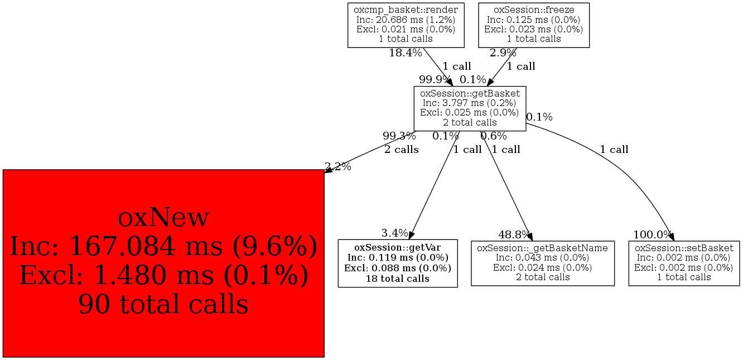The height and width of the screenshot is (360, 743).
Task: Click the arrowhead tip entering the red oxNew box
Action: [325, 172]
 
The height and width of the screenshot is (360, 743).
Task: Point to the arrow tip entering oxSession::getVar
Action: [409, 239]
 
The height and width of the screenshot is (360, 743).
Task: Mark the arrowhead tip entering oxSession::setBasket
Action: [674, 241]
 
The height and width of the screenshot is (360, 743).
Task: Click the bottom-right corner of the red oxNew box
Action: [324, 357]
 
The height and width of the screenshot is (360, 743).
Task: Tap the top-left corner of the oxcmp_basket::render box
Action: [348, 3]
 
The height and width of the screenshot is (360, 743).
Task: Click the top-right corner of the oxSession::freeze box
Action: [589, 3]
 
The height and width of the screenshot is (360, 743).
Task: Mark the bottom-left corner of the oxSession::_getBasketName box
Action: [471, 285]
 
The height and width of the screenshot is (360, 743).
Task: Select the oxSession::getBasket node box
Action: [470, 108]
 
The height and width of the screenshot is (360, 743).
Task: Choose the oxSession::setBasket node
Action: [684, 263]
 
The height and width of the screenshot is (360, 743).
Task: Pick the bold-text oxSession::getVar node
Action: [398, 263]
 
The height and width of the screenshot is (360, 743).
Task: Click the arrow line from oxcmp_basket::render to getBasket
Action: [438, 66]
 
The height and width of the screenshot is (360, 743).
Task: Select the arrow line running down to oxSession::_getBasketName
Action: [506, 186]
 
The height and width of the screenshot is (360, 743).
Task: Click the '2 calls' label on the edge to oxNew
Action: [402, 150]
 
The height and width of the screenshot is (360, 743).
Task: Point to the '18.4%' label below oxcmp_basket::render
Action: [406, 53]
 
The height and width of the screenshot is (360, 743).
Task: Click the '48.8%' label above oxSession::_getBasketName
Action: [514, 235]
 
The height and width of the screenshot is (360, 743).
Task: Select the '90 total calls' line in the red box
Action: [163, 304]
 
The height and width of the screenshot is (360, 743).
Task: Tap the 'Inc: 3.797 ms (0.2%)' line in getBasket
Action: [469, 103]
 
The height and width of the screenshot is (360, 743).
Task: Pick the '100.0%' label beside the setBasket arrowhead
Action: [653, 235]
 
